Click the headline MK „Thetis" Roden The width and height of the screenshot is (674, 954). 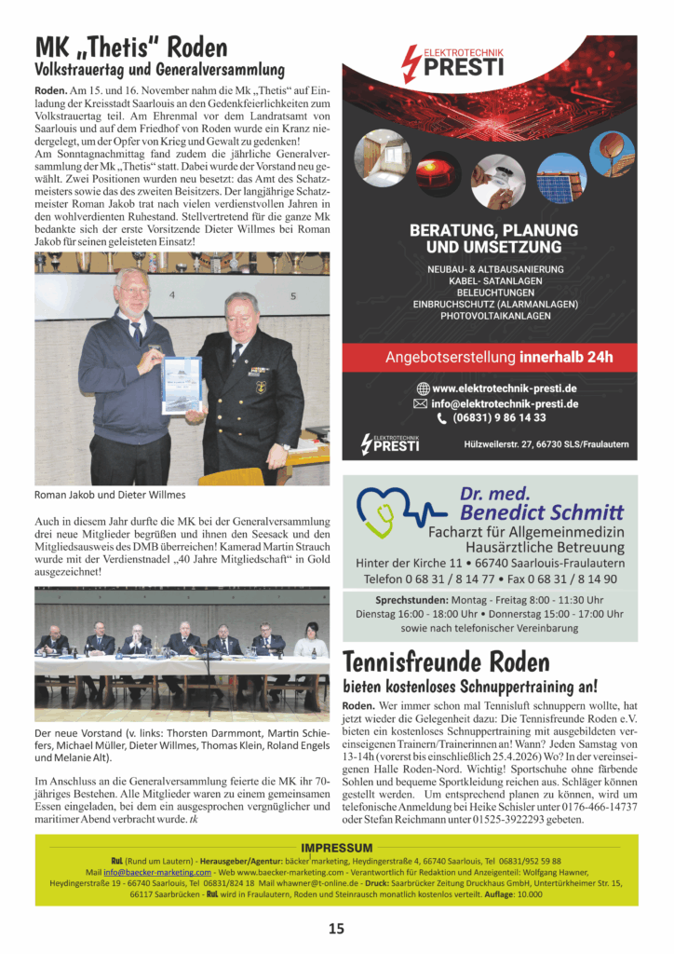[130, 47]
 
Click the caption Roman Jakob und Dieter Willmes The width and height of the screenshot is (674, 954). [110, 495]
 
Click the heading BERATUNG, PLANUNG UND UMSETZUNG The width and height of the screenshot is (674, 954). [493, 238]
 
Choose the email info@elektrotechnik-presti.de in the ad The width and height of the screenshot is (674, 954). [505, 403]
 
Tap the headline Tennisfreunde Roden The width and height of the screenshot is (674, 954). [447, 662]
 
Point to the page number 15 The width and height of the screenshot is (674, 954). [336, 928]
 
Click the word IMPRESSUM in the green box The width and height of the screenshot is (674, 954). [337, 848]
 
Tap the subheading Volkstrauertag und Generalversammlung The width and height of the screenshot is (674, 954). [159, 70]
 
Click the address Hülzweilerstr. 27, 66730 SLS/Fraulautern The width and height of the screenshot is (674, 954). [546, 444]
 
